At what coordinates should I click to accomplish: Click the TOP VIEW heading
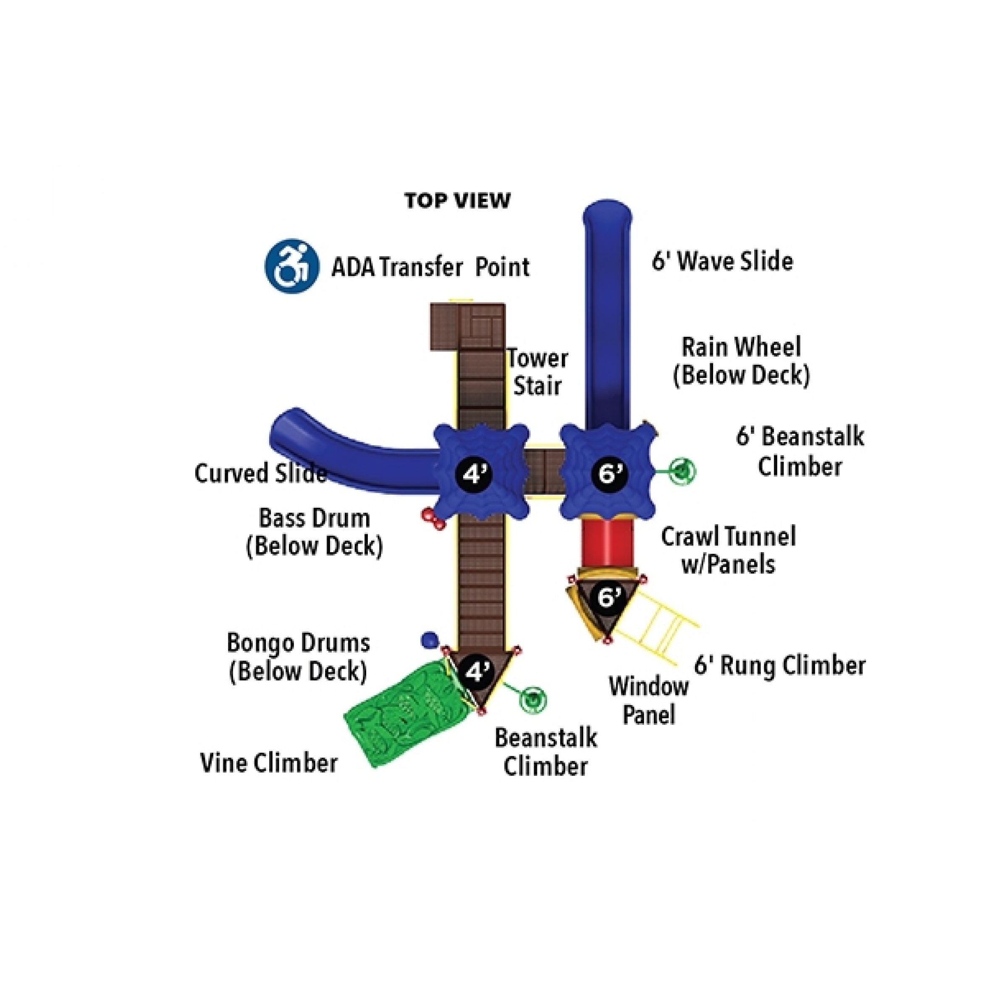pyautogui.click(x=457, y=201)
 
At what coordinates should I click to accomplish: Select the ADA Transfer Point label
pyautogui.click(x=430, y=267)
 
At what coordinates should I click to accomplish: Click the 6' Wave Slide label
pyautogui.click(x=722, y=262)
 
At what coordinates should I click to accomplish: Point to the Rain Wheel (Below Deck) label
pyautogui.click(x=741, y=361)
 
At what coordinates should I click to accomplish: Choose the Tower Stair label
pyautogui.click(x=538, y=372)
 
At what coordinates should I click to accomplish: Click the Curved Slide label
pyautogui.click(x=260, y=474)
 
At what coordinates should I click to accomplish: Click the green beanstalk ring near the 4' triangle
pyautogui.click(x=533, y=699)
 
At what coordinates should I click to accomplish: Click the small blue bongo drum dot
pyautogui.click(x=430, y=640)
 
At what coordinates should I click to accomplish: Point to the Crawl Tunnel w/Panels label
pyautogui.click(x=728, y=551)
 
